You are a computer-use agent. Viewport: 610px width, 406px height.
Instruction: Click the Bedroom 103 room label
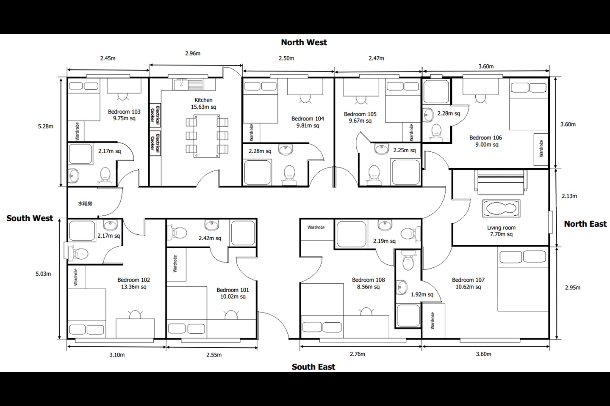tap(124, 115)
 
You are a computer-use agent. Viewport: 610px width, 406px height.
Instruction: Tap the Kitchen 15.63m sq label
tap(203, 103)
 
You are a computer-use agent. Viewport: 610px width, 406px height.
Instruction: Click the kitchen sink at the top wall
tap(188, 84)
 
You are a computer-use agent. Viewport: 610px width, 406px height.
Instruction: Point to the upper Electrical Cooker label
tap(155, 115)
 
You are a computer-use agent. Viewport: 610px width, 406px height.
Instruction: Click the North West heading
tap(304, 42)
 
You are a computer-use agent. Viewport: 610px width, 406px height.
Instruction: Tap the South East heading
tap(313, 367)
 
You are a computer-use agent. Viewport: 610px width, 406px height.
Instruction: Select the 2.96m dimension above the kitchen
tap(193, 53)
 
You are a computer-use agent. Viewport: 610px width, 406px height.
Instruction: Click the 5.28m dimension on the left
tap(45, 126)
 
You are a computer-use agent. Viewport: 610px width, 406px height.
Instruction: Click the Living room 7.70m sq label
tap(501, 231)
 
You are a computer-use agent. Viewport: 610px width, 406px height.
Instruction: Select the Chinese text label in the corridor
tap(85, 203)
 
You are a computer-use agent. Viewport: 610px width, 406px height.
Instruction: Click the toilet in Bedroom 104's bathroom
tap(289, 173)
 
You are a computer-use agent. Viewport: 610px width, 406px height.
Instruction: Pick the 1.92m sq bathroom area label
tap(422, 294)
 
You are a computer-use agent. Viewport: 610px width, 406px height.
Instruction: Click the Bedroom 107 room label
tap(468, 283)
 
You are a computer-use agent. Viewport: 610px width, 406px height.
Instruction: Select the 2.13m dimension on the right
tap(569, 196)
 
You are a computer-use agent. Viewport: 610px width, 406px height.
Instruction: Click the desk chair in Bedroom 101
tap(231, 315)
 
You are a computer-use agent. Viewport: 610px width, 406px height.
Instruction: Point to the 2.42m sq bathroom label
tap(210, 238)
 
